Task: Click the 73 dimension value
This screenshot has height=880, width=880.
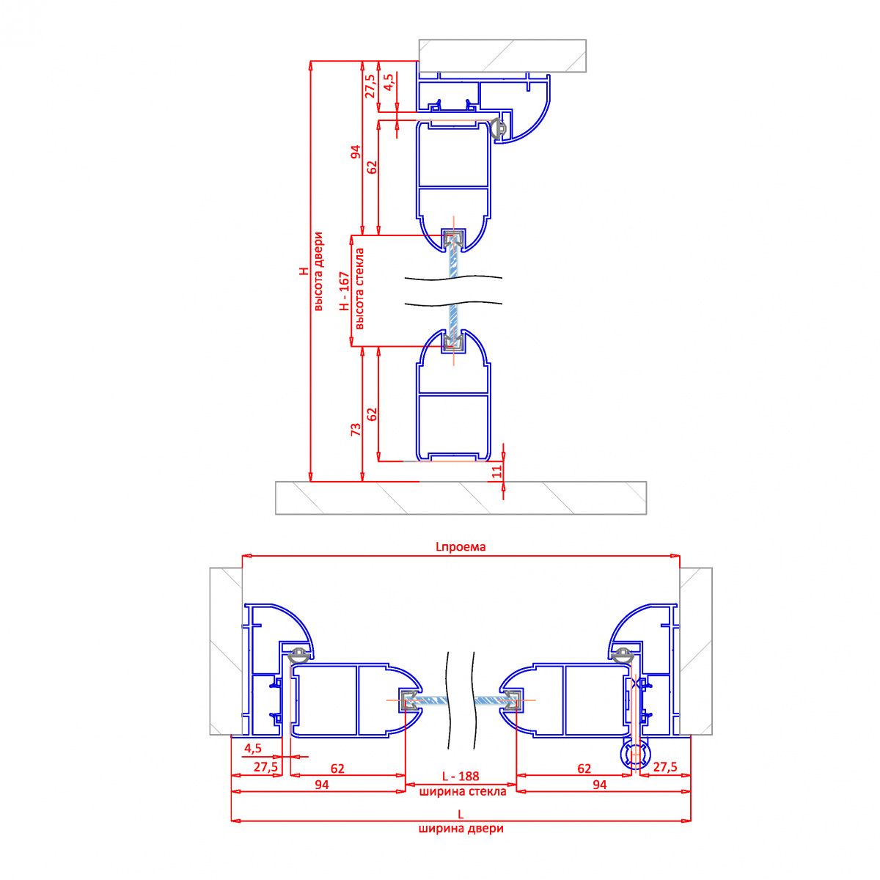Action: pos(356,429)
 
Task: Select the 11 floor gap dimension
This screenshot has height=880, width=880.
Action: pos(497,472)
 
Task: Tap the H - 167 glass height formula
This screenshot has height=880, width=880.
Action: pos(345,291)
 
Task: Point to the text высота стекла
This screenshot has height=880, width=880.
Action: pos(360,288)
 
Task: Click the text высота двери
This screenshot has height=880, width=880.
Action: pos(318,271)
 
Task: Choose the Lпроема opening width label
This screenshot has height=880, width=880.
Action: pos(461,546)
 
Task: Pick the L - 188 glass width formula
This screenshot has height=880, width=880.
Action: pos(461,776)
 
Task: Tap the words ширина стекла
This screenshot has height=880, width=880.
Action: pos(463,791)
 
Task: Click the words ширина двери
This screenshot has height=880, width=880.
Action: pos(461,829)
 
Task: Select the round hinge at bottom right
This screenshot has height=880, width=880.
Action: pos(635,755)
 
